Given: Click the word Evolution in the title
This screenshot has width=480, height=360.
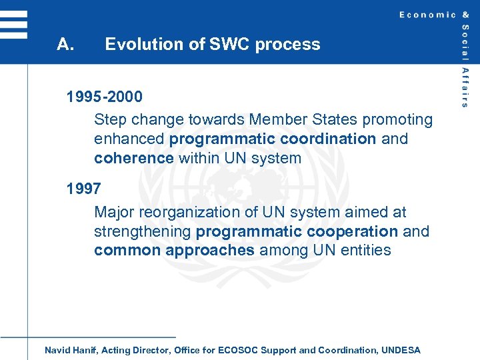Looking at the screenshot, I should point(137,45).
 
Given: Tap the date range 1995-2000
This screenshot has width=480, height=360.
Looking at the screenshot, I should point(105,97).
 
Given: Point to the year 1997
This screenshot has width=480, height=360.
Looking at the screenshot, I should point(84,189).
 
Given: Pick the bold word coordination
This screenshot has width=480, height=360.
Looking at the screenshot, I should point(328,139).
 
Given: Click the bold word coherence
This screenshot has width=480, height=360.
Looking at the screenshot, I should point(134,159).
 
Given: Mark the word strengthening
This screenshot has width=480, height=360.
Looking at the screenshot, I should point(143,231).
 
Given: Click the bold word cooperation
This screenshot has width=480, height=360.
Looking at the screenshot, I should point(352,231).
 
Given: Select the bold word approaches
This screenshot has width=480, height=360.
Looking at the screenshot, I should point(210,251).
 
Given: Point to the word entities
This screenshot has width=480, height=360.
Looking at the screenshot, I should point(366,251).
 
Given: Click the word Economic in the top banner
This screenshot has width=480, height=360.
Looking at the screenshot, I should point(427,15).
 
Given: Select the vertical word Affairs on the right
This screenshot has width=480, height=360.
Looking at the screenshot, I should point(465,87).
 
